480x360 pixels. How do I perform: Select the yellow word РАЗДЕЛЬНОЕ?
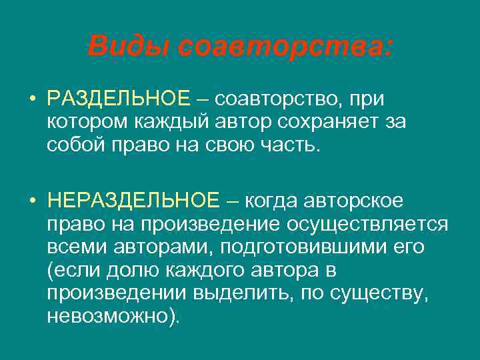coord(119,100)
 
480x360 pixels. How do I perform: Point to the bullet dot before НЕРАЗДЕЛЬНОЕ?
coord(32,200)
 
